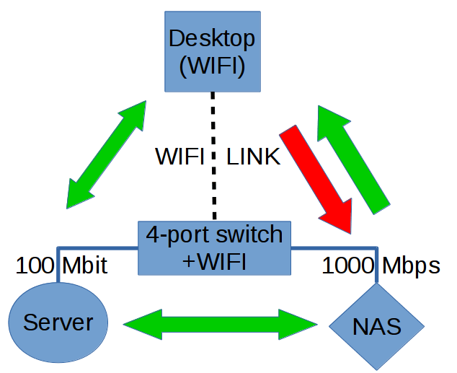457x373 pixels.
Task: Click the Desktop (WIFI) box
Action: (211, 51)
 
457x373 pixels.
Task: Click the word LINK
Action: (253, 157)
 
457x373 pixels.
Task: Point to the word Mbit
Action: (84, 266)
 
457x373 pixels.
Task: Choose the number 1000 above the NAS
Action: (347, 266)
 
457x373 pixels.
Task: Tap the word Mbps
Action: (411, 266)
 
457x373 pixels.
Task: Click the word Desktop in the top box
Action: (211, 38)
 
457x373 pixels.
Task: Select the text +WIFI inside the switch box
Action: (215, 260)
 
